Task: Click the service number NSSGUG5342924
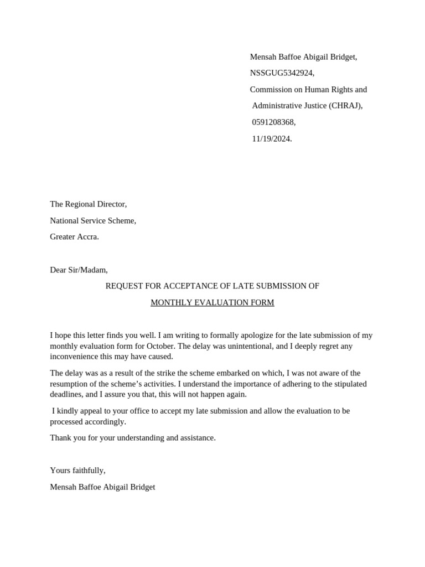point(282,73)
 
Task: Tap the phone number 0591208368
point(273,122)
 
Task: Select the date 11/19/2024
point(271,139)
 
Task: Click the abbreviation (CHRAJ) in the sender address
point(345,106)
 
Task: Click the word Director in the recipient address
point(110,204)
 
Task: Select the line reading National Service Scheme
point(92,220)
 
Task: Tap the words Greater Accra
point(74,237)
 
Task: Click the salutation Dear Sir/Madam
point(79,270)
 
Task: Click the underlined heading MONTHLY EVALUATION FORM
point(212,303)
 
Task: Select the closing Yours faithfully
point(77,471)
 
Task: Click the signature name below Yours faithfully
point(102,487)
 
